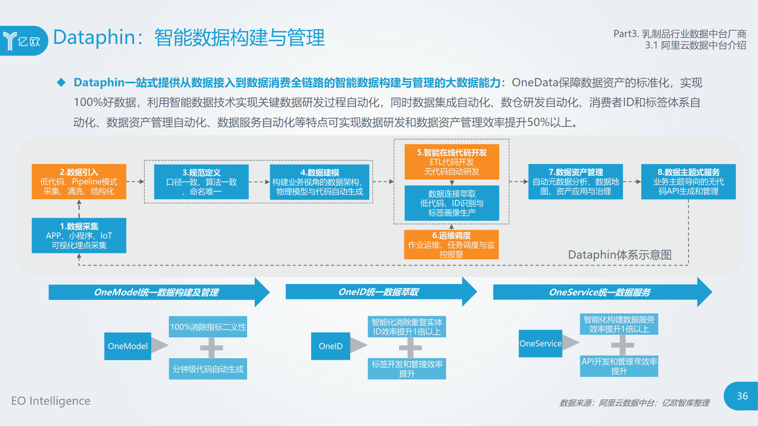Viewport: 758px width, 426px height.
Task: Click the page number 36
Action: (742, 396)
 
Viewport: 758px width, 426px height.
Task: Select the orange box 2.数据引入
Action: (79, 182)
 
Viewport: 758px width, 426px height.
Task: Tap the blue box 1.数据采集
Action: (79, 236)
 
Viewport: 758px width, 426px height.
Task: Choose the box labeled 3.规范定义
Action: (201, 182)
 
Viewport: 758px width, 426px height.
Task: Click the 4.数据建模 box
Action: (319, 182)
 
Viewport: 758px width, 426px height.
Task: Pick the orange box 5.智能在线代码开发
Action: (451, 162)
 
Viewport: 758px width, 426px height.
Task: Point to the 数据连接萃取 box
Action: (451, 203)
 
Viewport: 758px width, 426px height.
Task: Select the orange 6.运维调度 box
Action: (451, 245)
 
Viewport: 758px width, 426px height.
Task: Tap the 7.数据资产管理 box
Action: (575, 182)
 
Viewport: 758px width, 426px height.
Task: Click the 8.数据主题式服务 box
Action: (688, 182)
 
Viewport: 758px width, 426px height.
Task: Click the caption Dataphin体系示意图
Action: (620, 255)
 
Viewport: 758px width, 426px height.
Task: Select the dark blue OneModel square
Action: (128, 346)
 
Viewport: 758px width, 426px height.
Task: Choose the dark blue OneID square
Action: (330, 346)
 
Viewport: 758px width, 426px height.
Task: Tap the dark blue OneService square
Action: (540, 343)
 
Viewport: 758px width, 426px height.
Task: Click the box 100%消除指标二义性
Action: (208, 327)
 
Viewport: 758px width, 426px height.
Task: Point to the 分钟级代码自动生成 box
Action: (208, 369)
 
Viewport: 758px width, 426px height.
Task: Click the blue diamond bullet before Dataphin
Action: (61, 83)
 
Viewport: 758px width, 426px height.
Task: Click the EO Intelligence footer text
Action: (51, 401)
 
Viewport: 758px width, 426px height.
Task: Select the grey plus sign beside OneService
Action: (622, 345)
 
